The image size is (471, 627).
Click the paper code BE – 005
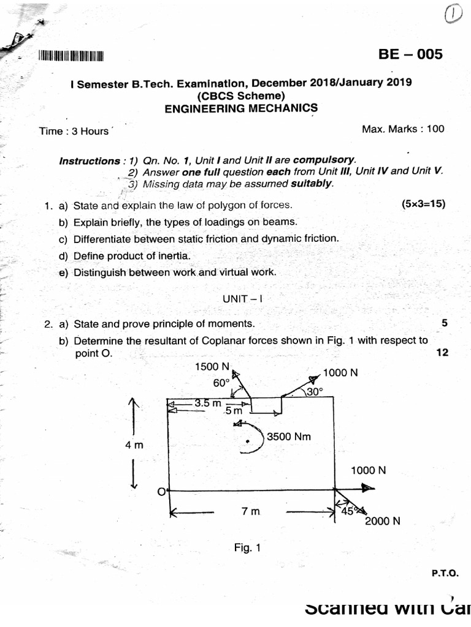[410, 54]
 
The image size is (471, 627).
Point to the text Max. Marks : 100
[403, 129]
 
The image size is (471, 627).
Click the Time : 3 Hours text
[74, 131]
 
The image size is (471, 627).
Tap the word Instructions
[90, 161]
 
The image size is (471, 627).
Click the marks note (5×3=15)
[423, 205]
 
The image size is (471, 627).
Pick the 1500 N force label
[212, 367]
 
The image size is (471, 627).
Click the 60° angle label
[221, 383]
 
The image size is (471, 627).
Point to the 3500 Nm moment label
[289, 437]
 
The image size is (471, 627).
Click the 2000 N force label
[383, 522]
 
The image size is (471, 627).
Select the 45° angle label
[348, 512]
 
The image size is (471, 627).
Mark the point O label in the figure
[161, 492]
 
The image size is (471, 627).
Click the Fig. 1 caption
[248, 547]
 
